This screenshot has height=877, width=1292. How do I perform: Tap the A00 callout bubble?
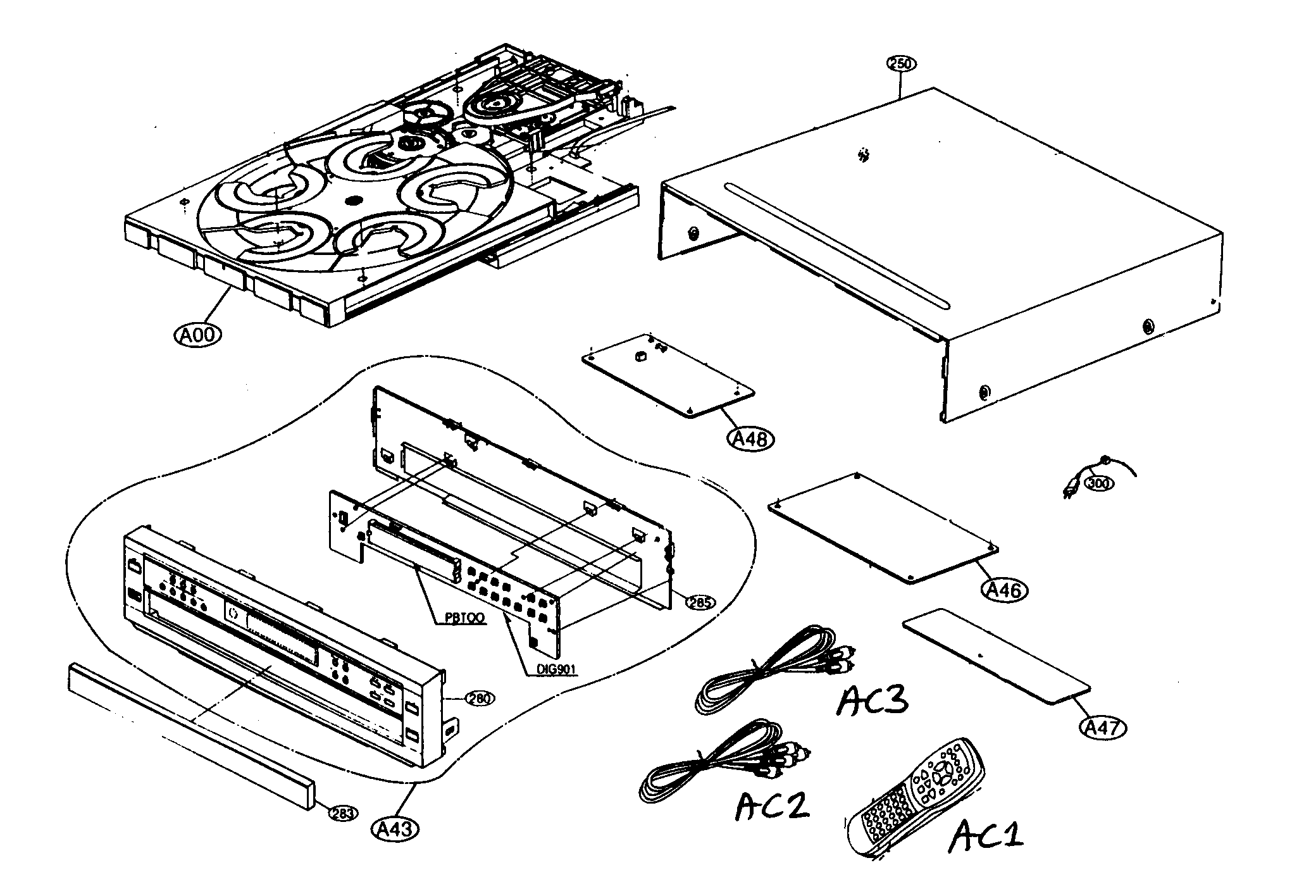[x=198, y=333]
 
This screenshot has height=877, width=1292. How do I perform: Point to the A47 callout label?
[x=1102, y=728]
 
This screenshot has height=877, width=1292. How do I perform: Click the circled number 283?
[x=341, y=813]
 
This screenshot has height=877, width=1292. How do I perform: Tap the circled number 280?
[x=480, y=698]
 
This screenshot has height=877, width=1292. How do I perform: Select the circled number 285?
[x=701, y=602]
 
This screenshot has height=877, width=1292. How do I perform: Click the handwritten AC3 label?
[x=873, y=700]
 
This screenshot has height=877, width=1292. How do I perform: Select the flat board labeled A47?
[x=996, y=656]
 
